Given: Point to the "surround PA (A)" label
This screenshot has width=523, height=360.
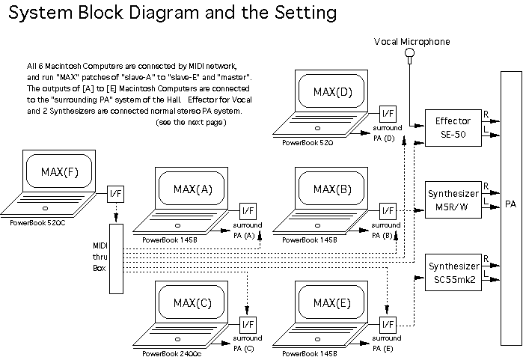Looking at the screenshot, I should (x=248, y=230).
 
